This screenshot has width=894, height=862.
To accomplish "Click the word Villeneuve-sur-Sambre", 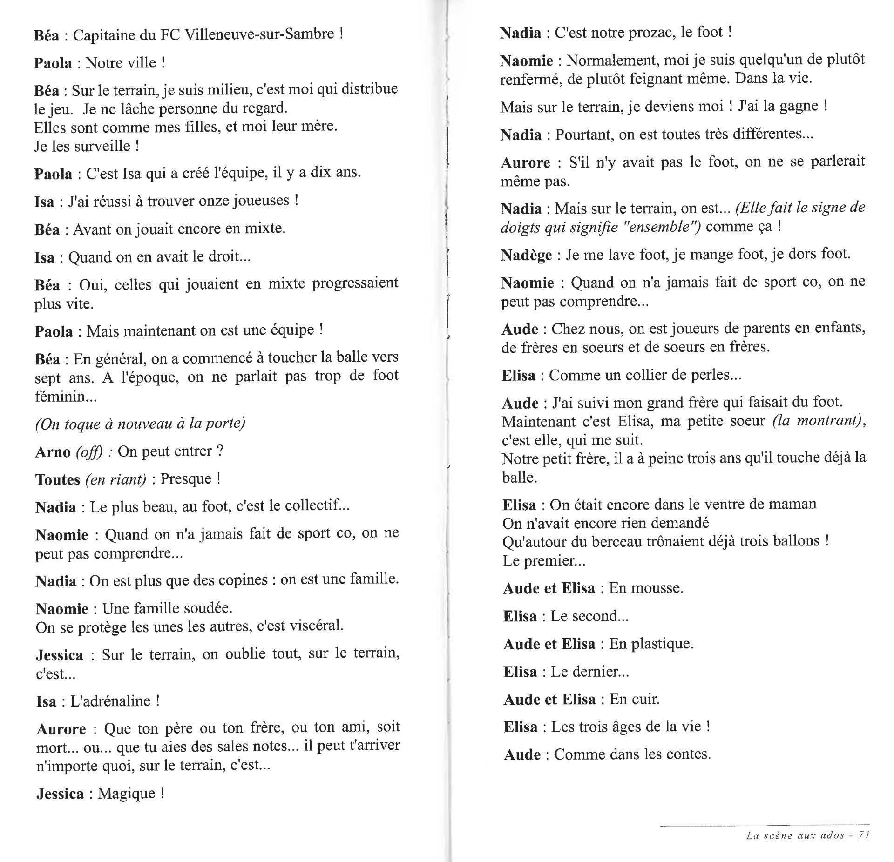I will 259,34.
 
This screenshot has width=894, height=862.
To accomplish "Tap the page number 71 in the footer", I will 864,835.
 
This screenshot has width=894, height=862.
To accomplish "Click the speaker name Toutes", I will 58,479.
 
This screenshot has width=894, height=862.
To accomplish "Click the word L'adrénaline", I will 110,701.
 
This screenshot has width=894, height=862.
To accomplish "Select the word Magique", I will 126,794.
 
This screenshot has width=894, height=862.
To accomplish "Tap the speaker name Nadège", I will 526,255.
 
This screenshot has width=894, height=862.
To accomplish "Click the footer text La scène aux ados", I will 794,835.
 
